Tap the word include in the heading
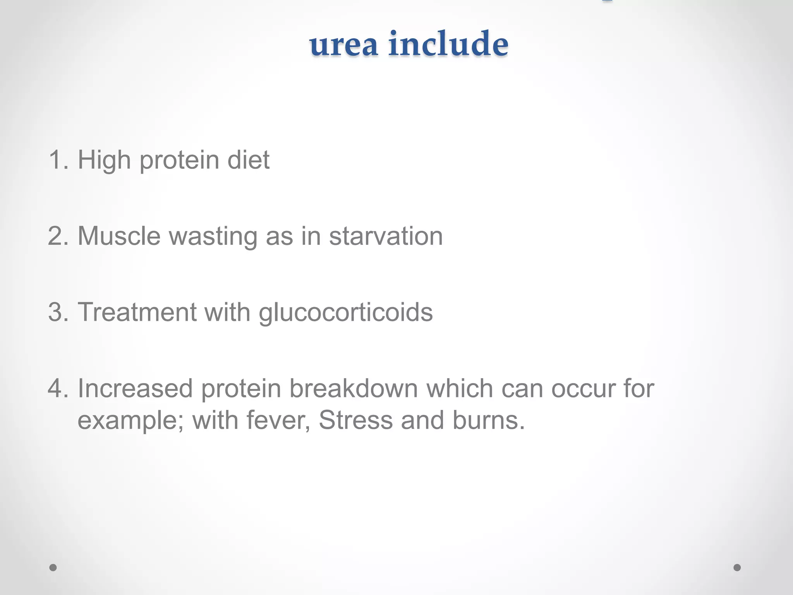click(448, 43)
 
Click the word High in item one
click(104, 160)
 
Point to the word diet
click(248, 160)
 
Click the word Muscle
click(119, 236)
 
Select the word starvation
click(386, 236)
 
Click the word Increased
click(135, 388)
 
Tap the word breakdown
click(354, 388)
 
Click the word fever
click(278, 420)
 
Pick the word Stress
click(355, 420)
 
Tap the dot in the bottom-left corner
click(53, 567)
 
